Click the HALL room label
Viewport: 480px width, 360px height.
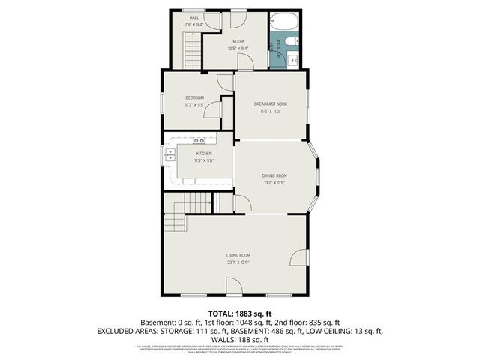point(193,17)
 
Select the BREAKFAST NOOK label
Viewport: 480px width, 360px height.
point(271,103)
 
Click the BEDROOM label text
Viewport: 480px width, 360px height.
point(195,98)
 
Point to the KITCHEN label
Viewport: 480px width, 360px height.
point(194,154)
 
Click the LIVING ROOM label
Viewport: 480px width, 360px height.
point(238,256)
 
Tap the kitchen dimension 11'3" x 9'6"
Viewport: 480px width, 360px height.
point(194,160)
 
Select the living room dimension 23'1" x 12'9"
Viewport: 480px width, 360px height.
point(238,262)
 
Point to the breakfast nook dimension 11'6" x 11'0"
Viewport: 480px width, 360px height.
point(271,110)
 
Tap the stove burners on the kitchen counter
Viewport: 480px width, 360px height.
point(199,141)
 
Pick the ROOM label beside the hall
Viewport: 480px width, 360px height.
point(238,41)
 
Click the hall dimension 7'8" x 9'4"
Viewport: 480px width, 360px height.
point(193,24)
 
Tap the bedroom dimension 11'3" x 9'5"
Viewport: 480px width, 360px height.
point(195,105)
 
